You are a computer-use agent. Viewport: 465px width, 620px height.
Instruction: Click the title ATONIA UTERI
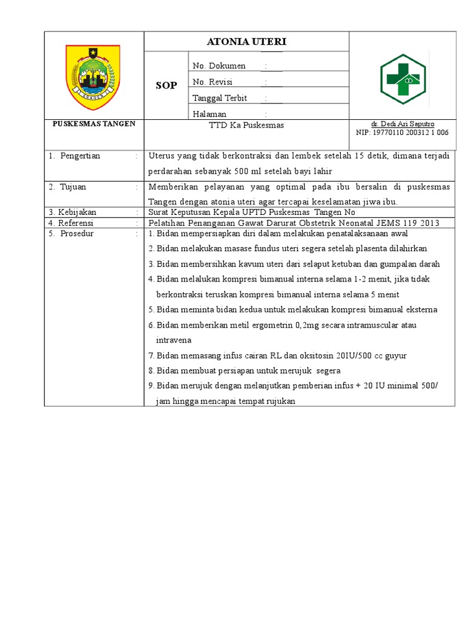click(246, 42)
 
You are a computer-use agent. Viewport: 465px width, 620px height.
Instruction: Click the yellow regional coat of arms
click(93, 73)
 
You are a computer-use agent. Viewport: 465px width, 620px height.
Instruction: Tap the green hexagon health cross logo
click(403, 77)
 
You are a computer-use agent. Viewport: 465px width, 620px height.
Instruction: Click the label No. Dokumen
click(219, 66)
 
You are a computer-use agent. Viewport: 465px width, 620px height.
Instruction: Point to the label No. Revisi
click(212, 82)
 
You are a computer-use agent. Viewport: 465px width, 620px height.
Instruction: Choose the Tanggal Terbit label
click(219, 98)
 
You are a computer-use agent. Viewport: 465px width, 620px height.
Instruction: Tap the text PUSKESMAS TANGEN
click(94, 124)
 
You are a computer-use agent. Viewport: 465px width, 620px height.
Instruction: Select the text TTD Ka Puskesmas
click(246, 125)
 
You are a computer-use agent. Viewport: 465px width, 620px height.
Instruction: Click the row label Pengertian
click(80, 156)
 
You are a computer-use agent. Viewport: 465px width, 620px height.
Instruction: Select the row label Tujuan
click(73, 187)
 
